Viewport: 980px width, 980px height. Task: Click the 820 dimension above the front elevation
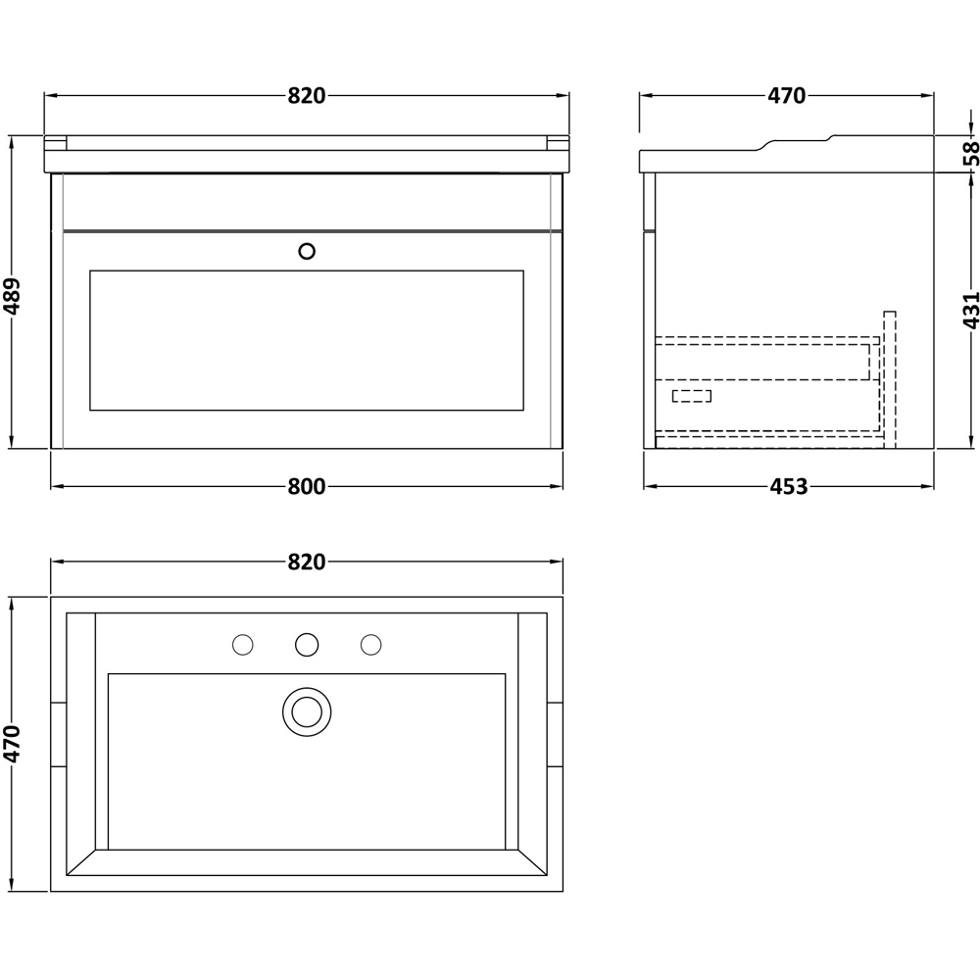[x=307, y=96]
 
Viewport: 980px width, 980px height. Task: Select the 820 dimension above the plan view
[x=307, y=562]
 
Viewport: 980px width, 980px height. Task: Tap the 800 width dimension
[x=307, y=486]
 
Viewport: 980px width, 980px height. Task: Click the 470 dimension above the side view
[x=786, y=96]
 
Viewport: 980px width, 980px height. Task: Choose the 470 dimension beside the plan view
[x=13, y=744]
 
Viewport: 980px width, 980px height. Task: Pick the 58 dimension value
[x=970, y=152]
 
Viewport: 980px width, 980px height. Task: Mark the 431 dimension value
[x=970, y=310]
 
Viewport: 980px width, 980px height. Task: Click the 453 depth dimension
[x=789, y=486]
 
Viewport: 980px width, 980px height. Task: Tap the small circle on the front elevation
[x=307, y=251]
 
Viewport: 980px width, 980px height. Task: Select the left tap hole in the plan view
[x=242, y=644]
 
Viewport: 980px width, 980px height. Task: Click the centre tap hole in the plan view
[x=307, y=644]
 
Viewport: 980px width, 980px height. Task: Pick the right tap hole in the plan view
[x=370, y=644]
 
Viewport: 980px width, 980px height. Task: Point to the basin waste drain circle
[x=307, y=710]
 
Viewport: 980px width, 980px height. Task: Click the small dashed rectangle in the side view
[x=692, y=396]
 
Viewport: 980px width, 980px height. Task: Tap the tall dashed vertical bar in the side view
[x=889, y=377]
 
